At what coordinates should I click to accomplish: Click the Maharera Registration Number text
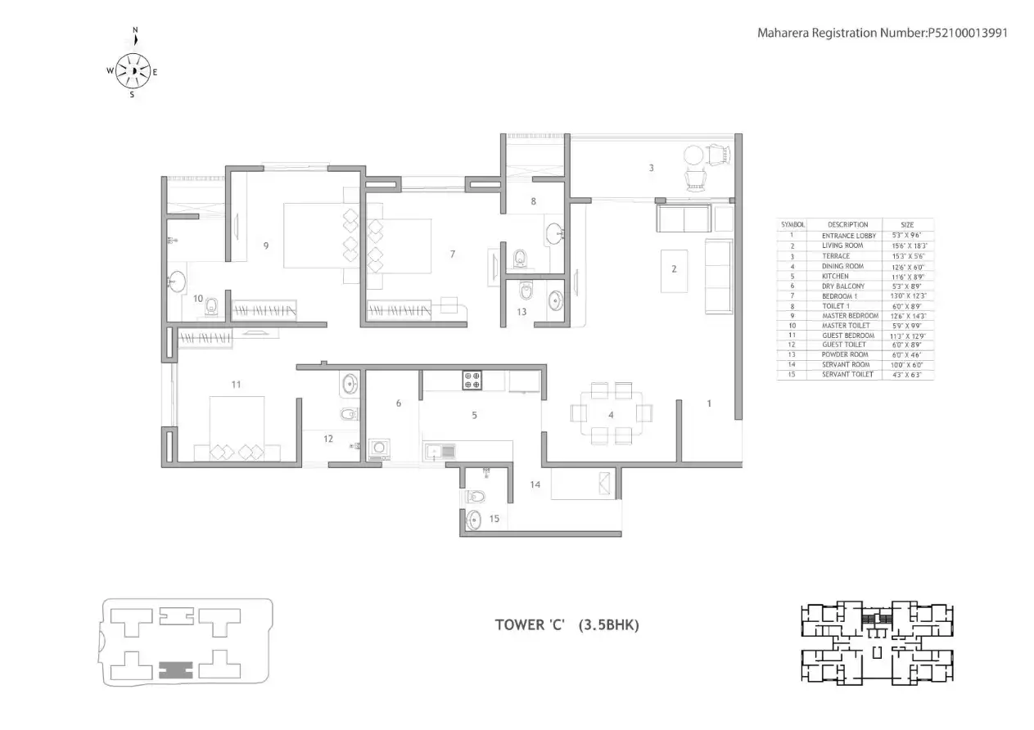(882, 34)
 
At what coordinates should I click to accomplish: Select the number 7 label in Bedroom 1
(452, 254)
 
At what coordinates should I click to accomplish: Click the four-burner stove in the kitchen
(472, 380)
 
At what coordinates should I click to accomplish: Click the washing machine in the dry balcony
(379, 448)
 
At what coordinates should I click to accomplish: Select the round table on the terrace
(693, 154)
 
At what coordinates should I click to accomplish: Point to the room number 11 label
(236, 383)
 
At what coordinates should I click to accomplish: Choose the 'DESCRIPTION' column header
(847, 224)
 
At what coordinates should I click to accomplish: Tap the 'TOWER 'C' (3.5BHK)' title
(567, 624)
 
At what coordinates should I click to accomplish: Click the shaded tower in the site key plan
(176, 669)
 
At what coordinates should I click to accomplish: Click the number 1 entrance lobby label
(709, 403)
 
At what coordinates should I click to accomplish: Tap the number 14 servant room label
(535, 484)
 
